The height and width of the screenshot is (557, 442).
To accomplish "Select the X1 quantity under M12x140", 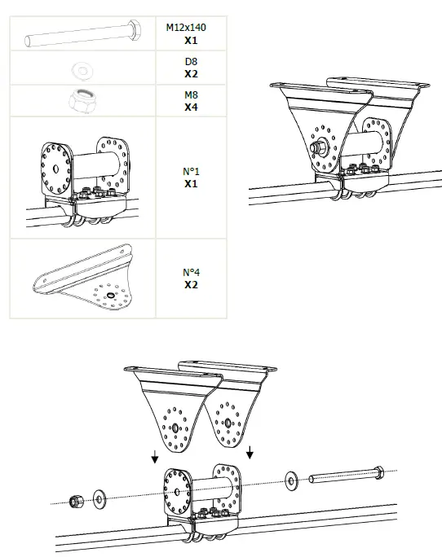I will [x=191, y=39].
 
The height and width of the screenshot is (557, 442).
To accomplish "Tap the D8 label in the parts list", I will [x=191, y=61].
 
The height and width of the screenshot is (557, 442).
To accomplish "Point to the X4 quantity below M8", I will [x=191, y=107].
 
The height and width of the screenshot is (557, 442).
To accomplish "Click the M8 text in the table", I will [x=191, y=95].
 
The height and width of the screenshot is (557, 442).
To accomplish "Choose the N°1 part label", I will [x=191, y=172].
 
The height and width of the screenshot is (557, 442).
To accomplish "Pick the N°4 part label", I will [x=191, y=273].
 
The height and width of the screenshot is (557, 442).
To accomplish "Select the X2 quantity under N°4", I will [x=191, y=285].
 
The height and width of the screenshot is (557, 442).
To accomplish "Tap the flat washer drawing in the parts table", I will [x=82, y=68].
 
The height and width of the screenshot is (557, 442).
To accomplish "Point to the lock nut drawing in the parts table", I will [x=82, y=100].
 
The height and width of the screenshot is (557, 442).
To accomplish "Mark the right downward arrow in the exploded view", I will [x=250, y=450].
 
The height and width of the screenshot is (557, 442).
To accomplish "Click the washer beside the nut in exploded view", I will [x=100, y=496].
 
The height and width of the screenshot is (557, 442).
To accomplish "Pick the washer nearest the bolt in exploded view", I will [x=291, y=480].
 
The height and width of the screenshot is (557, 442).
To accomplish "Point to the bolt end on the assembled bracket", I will [x=315, y=148].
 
